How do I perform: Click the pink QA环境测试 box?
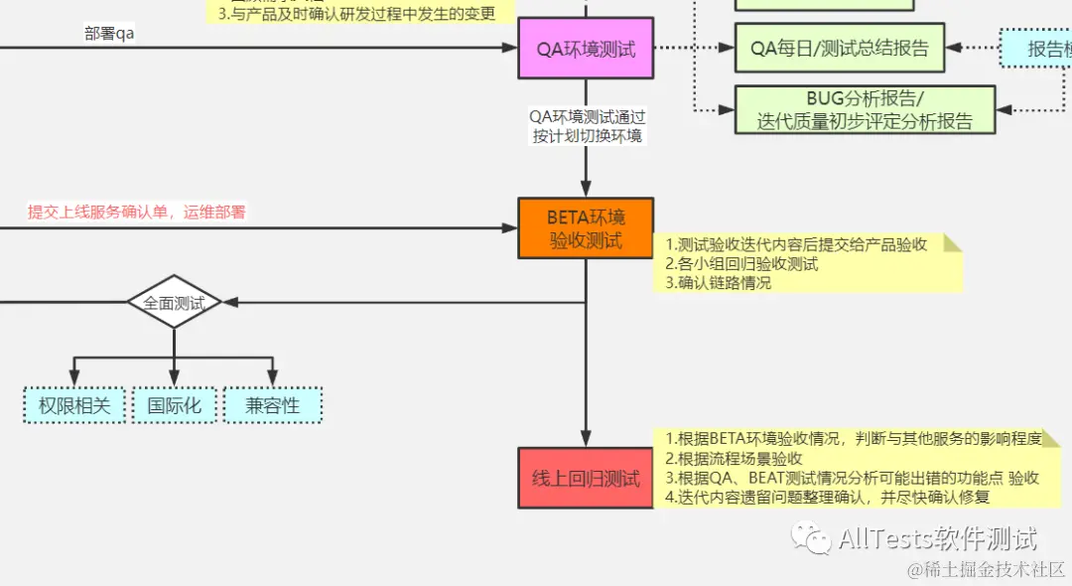coord(586,48)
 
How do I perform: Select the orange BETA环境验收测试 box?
coord(586,227)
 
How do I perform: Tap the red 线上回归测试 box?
coord(586,478)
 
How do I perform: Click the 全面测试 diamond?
coord(174,303)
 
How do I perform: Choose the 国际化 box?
coord(174,404)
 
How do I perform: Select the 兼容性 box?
coord(273,404)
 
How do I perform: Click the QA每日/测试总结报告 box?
coord(839,48)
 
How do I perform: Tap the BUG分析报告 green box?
coord(865,110)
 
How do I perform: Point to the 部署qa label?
coord(110,33)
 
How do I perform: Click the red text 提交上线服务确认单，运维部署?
coord(137,212)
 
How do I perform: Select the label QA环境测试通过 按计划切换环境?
coord(587,126)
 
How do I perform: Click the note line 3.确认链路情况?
coord(719,282)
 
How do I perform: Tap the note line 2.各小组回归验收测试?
coord(741,263)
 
